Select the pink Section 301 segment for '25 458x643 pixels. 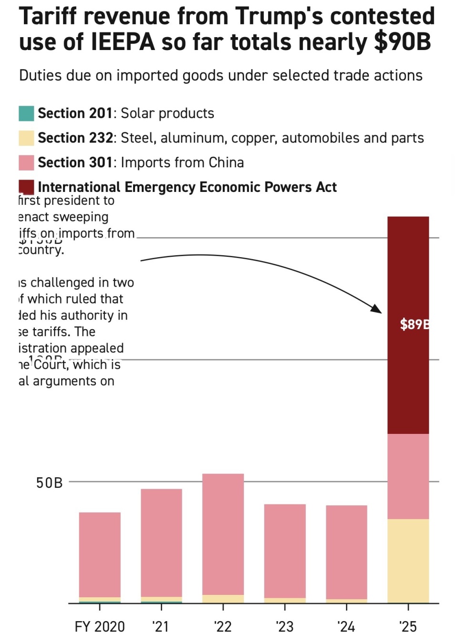(408, 476)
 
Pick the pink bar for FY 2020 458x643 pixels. (100, 554)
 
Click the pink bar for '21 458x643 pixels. (161, 543)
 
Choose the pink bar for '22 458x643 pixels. (223, 534)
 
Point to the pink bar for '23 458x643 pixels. (285, 551)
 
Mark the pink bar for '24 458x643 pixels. (346, 552)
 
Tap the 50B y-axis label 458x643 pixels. (49, 483)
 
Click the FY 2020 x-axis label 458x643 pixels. (100, 626)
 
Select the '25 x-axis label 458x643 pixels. (408, 626)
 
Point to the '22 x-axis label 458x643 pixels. (223, 626)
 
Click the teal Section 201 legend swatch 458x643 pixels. (26, 113)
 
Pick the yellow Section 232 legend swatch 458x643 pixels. (26, 138)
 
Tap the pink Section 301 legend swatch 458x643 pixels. (26, 163)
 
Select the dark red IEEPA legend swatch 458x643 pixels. (26, 187)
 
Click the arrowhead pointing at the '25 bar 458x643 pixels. (377, 309)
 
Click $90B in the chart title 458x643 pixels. (402, 42)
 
